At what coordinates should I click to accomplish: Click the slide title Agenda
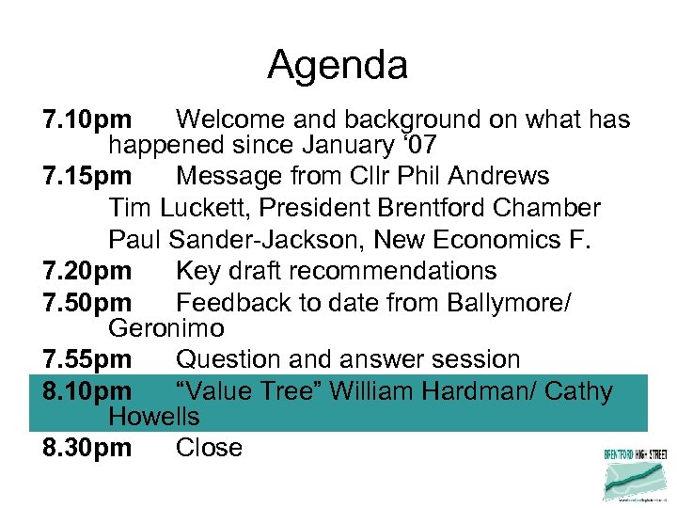click(x=338, y=66)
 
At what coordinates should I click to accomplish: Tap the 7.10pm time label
click(x=87, y=120)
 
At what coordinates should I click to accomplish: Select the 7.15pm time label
click(x=87, y=177)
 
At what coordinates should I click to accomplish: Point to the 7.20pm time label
click(x=87, y=271)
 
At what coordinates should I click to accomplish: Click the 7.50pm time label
click(x=87, y=303)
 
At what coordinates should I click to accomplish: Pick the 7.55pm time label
click(x=87, y=359)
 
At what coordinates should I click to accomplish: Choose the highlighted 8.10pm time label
click(x=87, y=390)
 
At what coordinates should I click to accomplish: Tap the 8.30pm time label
click(x=87, y=448)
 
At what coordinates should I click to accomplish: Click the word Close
click(x=209, y=448)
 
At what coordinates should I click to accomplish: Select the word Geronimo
click(x=166, y=328)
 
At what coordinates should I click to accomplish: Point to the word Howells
click(x=154, y=416)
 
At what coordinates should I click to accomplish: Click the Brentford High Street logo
click(x=635, y=475)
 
